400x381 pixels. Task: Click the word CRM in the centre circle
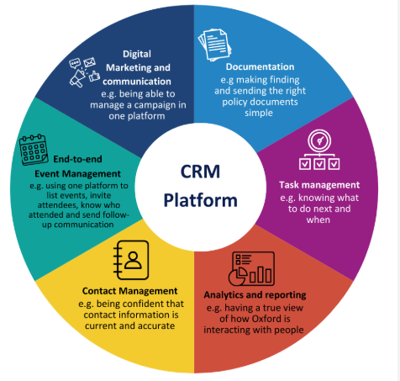[x=199, y=172]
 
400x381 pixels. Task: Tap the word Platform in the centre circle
[x=199, y=200]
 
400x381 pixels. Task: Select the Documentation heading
[x=260, y=66]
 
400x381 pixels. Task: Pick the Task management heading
[x=319, y=184]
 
